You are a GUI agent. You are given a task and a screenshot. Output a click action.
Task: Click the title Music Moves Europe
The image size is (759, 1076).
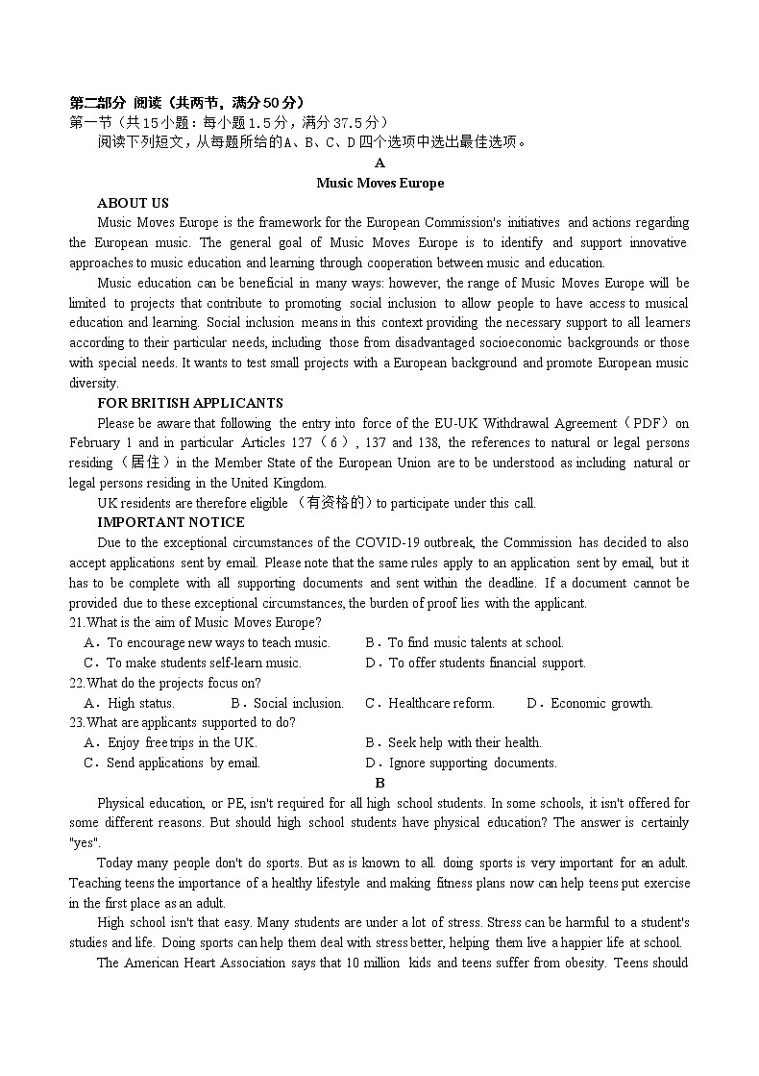(379, 183)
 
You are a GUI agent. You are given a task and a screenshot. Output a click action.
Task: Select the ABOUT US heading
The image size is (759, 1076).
(133, 203)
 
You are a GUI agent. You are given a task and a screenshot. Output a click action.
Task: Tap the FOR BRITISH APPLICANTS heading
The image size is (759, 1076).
(190, 403)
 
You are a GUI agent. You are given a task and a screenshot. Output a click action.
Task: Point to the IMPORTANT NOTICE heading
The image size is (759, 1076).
(171, 522)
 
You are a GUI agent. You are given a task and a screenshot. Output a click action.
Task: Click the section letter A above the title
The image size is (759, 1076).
(380, 163)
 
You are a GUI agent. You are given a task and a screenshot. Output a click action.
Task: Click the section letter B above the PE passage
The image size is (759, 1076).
(380, 783)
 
